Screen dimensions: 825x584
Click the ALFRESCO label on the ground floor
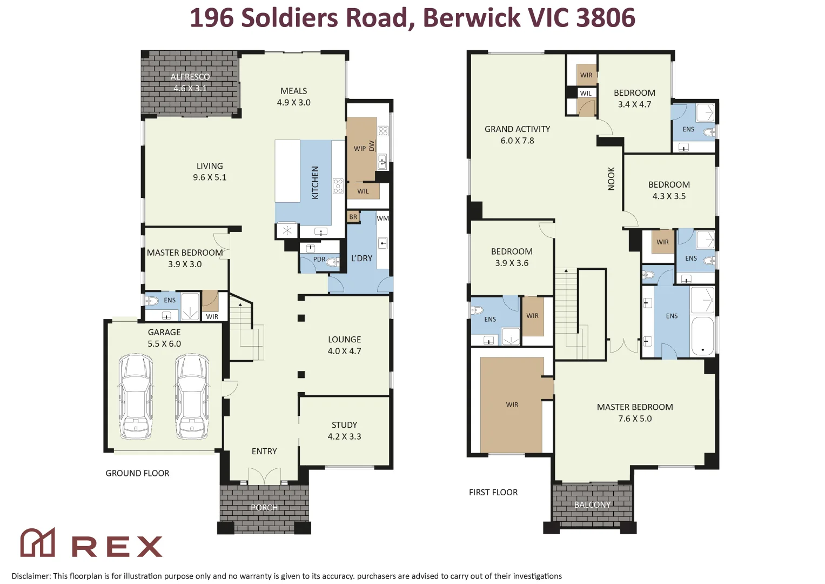coord(190,77)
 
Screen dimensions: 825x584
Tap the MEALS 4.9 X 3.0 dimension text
coord(293,103)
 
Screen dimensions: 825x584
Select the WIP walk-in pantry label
coord(360,149)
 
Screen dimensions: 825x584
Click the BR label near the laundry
coord(353,217)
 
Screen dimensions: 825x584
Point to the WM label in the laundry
coord(383,218)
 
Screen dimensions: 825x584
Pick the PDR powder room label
coord(319,259)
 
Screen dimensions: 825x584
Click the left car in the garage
coord(136,397)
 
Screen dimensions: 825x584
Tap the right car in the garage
coord(192,397)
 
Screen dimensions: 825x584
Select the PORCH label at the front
coord(264,508)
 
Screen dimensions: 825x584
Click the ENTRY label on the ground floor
coord(264,452)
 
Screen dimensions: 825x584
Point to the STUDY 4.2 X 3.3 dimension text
coord(344,436)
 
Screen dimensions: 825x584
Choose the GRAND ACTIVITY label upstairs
coord(517,129)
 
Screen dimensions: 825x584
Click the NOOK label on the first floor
coord(612,179)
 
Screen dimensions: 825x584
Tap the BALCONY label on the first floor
coord(592,505)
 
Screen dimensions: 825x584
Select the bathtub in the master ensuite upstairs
coord(703,336)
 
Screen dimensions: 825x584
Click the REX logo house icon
coord(38,542)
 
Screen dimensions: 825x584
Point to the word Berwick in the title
coord(472,17)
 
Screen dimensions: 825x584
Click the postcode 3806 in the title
coord(606,17)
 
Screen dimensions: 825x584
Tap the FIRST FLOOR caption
coord(493,492)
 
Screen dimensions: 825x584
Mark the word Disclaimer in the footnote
coord(31,576)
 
